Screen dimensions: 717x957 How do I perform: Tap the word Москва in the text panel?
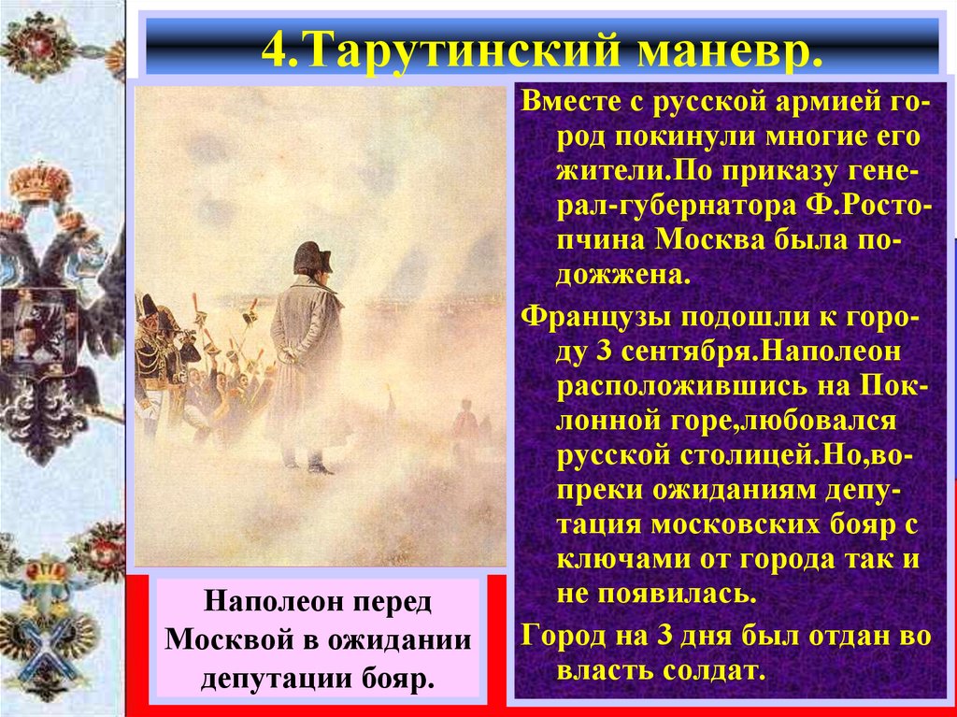click(x=707, y=237)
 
